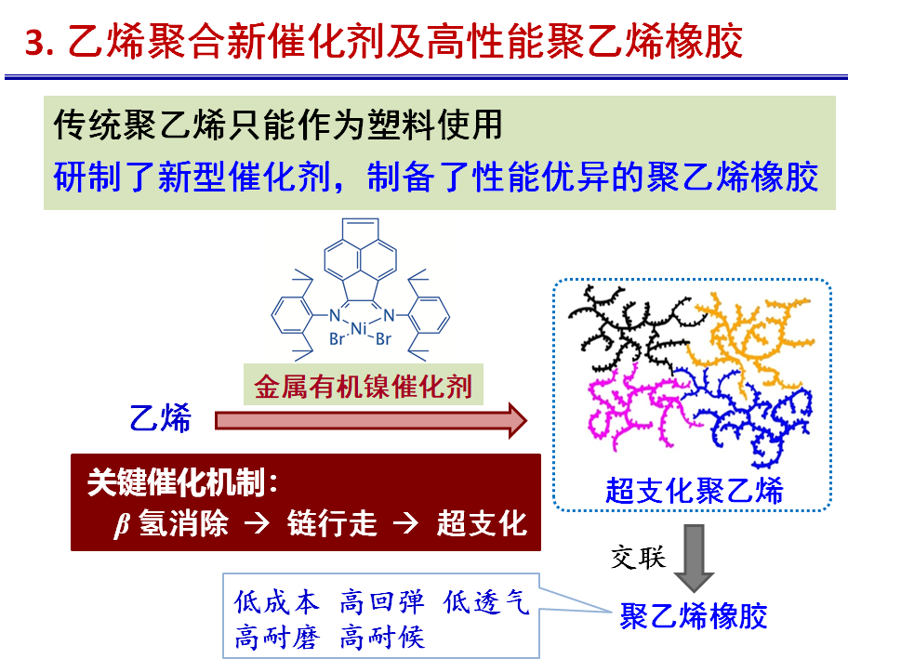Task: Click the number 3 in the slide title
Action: coord(34,43)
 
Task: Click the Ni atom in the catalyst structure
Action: coord(358,328)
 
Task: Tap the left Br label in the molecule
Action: coord(337,340)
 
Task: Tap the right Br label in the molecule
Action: coord(382,340)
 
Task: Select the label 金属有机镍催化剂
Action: coord(364,386)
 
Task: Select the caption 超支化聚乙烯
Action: coord(694,490)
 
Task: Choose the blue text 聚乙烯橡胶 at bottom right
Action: coord(694,616)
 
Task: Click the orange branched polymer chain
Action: coord(753,335)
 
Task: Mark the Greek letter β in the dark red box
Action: coord(119,526)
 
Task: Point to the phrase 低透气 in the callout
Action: coord(486,603)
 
